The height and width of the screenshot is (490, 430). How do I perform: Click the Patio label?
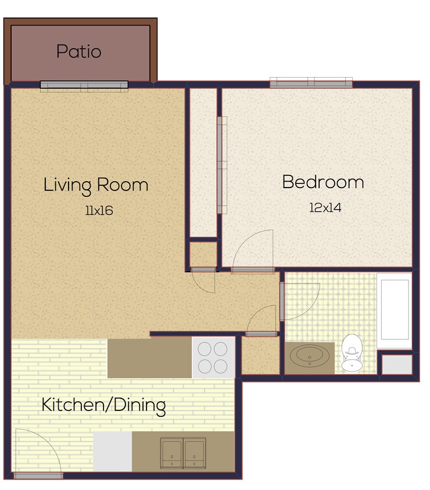pyautogui.click(x=78, y=52)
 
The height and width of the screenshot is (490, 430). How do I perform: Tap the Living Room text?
pyautogui.click(x=96, y=185)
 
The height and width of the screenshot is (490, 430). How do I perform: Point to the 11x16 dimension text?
pyautogui.click(x=98, y=210)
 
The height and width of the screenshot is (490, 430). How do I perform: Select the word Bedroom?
pyautogui.click(x=322, y=182)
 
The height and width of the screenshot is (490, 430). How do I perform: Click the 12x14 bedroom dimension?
pyautogui.click(x=325, y=207)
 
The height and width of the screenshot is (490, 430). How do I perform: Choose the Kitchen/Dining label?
pyautogui.click(x=103, y=405)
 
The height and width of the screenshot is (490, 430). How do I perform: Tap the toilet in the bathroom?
pyautogui.click(x=351, y=352)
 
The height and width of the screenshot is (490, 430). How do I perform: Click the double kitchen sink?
pyautogui.click(x=183, y=452)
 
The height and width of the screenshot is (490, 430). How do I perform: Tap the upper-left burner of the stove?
pyautogui.click(x=205, y=348)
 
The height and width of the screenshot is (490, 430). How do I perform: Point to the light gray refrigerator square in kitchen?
pyautogui.click(x=113, y=451)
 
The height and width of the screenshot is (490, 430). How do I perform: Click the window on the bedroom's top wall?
pyautogui.click(x=311, y=83)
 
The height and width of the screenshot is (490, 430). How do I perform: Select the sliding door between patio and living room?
pyautogui.click(x=84, y=85)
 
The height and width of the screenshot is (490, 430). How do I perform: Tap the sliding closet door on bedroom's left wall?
pyautogui.click(x=221, y=165)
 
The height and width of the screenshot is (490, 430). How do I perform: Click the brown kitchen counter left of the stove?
pyautogui.click(x=149, y=358)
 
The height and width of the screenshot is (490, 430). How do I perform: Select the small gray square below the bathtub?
pyautogui.click(x=397, y=364)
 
